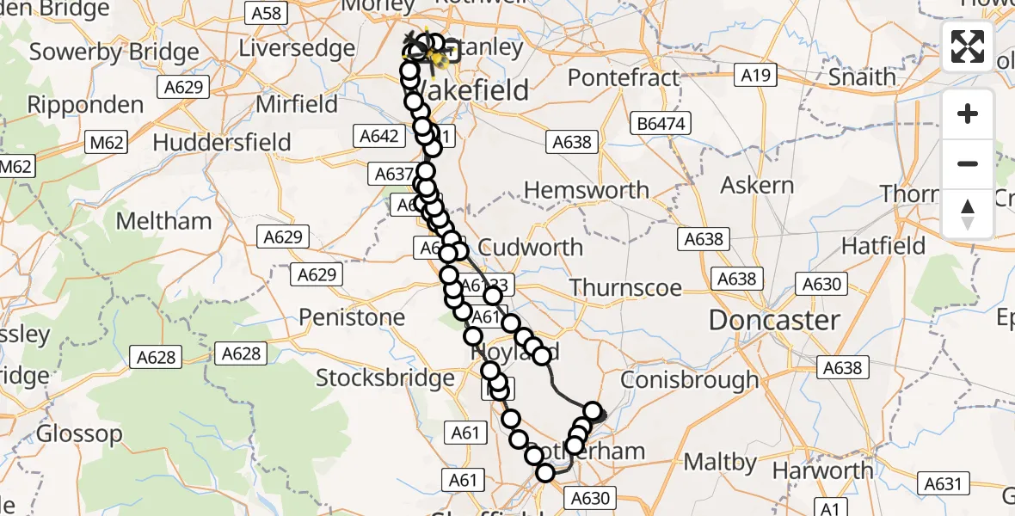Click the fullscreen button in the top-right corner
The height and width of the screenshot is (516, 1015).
pyautogui.click(x=968, y=46)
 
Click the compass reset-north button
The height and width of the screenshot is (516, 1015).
pyautogui.click(x=968, y=213)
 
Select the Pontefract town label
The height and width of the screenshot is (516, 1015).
pyautogui.click(x=624, y=77)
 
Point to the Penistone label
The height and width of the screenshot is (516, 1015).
pyautogui.click(x=352, y=317)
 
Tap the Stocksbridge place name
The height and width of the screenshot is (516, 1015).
pyautogui.click(x=385, y=378)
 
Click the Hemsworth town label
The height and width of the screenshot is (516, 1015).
pyautogui.click(x=587, y=190)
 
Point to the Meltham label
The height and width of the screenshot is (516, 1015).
pyautogui.click(x=163, y=221)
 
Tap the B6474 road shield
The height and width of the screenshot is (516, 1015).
pyautogui.click(x=661, y=124)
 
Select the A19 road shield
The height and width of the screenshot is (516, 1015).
pyautogui.click(x=754, y=76)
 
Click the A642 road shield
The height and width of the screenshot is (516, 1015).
pyautogui.click(x=377, y=136)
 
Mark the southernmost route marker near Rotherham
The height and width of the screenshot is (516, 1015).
pyautogui.click(x=545, y=472)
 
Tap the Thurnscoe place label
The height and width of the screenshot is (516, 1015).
pyautogui.click(x=625, y=288)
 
